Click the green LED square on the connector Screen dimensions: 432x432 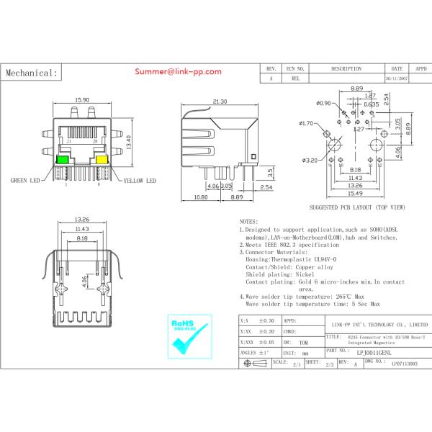pos(64,159)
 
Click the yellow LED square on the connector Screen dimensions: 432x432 pos(102,159)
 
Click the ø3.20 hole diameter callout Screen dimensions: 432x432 pos(310,160)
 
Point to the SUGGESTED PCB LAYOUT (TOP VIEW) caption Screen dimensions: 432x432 pos(356,207)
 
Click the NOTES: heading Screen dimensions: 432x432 pos(248,222)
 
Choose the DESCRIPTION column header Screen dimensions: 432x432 pos(346,68)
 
